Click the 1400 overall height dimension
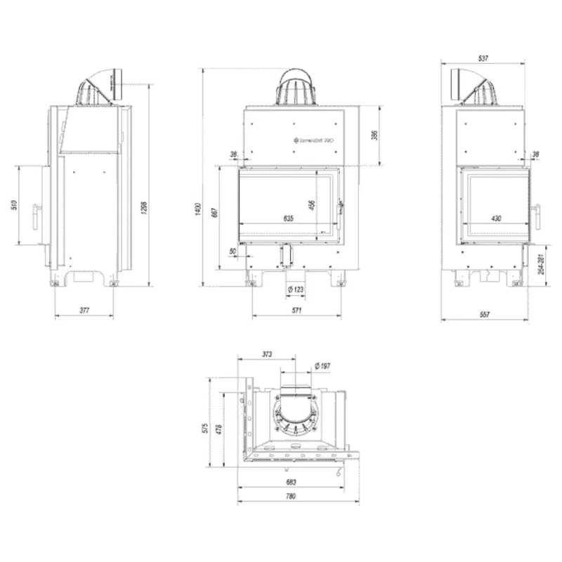[x=198, y=209]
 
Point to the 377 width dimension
[x=84, y=309]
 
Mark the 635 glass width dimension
[x=288, y=219]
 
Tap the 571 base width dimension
[x=296, y=309]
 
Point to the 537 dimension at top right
[x=482, y=58]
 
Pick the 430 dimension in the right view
[x=496, y=219]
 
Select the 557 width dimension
[x=485, y=315]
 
